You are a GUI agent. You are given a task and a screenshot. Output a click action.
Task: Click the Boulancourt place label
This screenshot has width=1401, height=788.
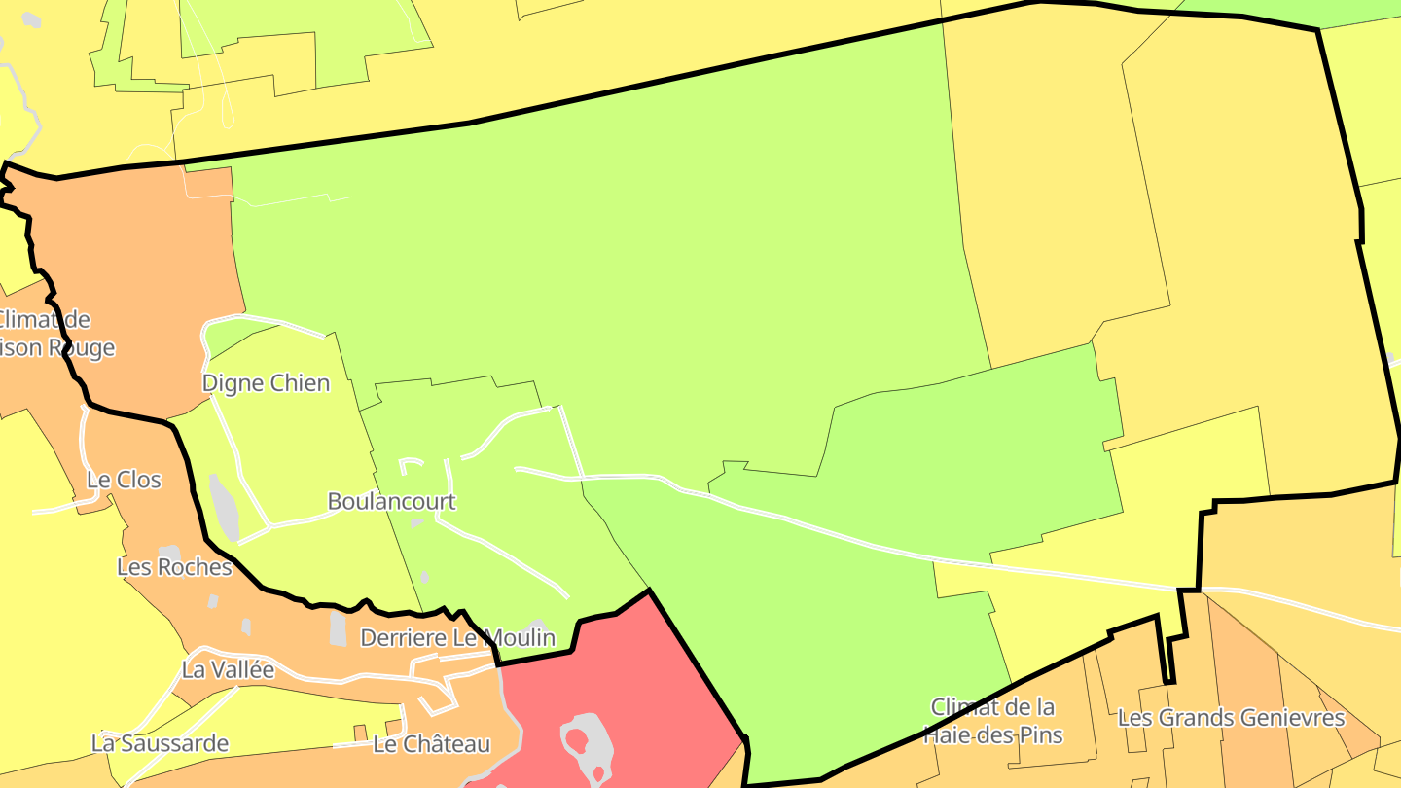(x=391, y=502)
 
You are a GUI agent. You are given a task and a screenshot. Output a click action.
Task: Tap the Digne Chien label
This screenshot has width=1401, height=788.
(x=266, y=383)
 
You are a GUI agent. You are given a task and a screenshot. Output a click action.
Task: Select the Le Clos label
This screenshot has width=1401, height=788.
(x=124, y=480)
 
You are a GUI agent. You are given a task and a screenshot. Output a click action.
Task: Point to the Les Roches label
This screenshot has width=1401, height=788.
(x=174, y=567)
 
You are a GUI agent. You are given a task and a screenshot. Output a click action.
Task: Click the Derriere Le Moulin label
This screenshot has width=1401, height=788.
(x=457, y=638)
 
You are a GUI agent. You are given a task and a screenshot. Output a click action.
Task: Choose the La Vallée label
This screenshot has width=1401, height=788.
(x=228, y=670)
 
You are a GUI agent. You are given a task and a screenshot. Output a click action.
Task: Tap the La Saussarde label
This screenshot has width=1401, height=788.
(x=160, y=743)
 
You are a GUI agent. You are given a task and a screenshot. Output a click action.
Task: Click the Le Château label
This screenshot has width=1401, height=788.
(x=431, y=745)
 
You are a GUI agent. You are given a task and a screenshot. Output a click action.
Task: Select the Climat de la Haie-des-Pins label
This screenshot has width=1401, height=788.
(x=992, y=721)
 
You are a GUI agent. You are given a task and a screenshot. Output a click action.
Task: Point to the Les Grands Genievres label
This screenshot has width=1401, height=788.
(x=1231, y=719)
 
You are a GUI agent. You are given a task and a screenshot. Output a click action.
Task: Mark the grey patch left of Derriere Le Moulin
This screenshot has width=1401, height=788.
(x=338, y=627)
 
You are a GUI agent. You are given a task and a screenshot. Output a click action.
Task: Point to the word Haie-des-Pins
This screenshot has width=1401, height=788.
(x=992, y=734)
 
